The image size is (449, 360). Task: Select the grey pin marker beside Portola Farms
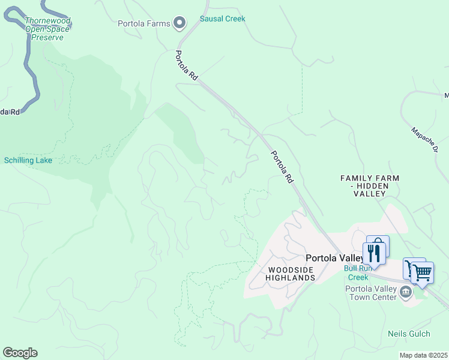click(179, 23)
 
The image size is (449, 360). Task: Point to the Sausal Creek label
click(222, 19)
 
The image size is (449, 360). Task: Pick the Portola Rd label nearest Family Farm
click(282, 166)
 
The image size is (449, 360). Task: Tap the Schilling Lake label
click(28, 160)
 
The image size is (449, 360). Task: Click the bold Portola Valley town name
click(334, 257)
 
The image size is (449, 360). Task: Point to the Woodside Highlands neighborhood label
click(291, 274)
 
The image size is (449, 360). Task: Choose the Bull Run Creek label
click(358, 272)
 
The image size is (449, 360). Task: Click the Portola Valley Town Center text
click(371, 293)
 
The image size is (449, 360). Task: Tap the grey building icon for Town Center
click(406, 292)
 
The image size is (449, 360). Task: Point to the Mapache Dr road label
click(424, 139)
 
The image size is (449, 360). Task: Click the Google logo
click(20, 353)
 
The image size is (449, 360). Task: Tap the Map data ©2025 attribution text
click(423, 355)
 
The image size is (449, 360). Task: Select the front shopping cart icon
click(422, 272)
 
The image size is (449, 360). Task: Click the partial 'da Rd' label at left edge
click(10, 112)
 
